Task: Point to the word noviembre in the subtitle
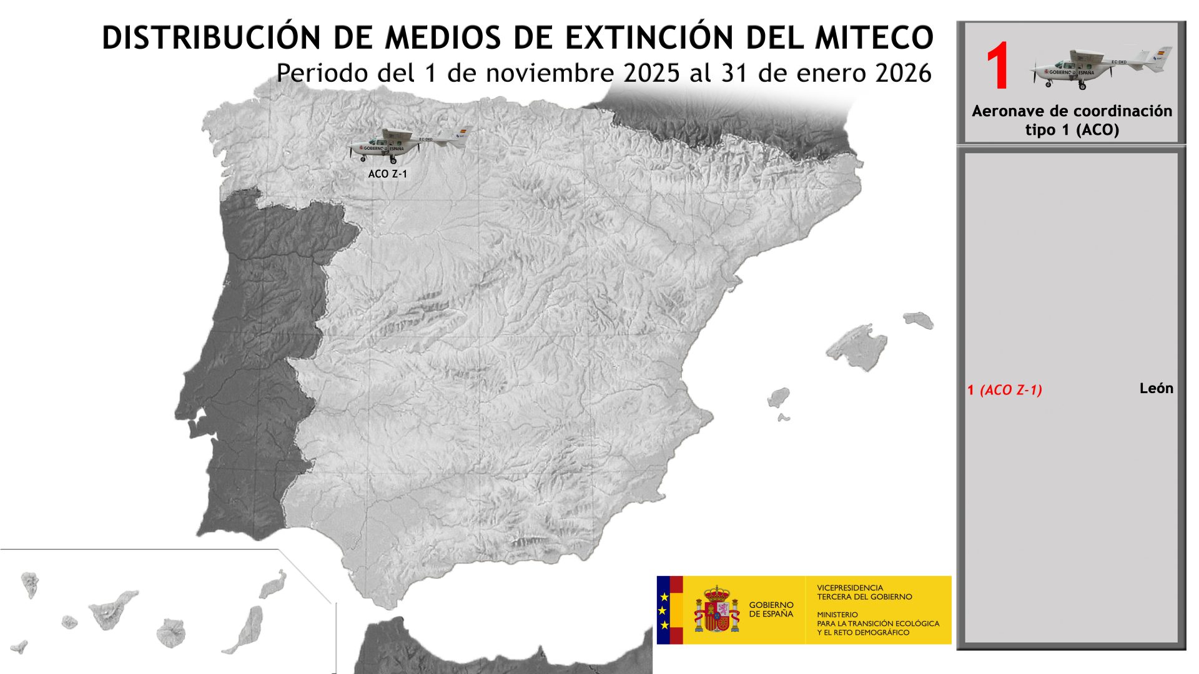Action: (x=551, y=73)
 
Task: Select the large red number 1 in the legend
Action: (x=997, y=67)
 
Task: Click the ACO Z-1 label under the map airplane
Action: (x=387, y=173)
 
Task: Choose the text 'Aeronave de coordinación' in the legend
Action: (x=1072, y=111)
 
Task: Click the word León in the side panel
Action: (x=1156, y=388)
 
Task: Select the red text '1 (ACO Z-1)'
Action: (x=1004, y=390)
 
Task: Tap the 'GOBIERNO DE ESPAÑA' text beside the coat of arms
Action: (x=771, y=609)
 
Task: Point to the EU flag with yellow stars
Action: (x=664, y=610)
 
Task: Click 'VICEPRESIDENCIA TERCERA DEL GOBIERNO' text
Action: (x=864, y=592)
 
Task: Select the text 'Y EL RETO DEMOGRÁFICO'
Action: (x=863, y=632)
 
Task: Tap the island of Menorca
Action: (x=918, y=320)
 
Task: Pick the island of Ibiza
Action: (x=778, y=397)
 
